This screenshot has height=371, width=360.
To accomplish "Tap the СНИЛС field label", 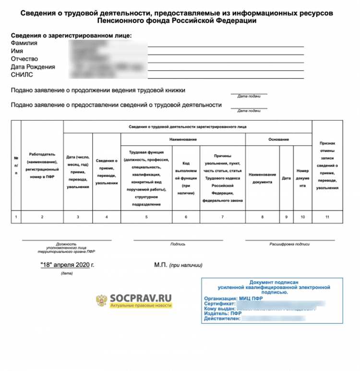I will pos(22,75).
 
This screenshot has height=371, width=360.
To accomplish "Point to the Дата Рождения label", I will pos(33,67).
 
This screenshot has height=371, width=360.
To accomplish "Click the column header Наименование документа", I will pos(263,178).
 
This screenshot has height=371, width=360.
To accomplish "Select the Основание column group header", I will pos(278,139).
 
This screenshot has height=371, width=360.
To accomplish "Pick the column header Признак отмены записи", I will pos(327,165).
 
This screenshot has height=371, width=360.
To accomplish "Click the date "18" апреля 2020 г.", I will pos(67,265).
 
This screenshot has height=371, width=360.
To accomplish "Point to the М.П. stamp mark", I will pos(160,265).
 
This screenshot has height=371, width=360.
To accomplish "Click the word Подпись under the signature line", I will pos(178,244).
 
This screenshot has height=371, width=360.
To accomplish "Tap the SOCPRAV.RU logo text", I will pos(141,298).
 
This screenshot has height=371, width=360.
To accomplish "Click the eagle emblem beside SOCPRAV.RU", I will pos(101,302).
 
